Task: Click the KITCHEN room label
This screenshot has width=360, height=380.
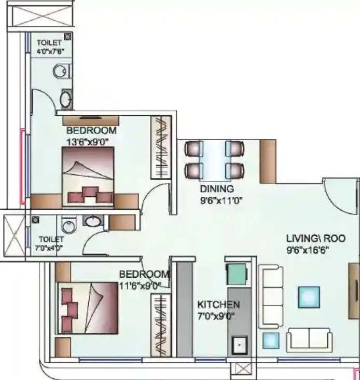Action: click(217, 305)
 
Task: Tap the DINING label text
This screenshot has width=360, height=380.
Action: click(217, 189)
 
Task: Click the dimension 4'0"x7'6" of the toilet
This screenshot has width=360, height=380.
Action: click(50, 52)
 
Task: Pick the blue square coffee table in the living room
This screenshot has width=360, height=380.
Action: click(309, 297)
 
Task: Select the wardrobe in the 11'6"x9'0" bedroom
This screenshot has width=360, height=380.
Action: click(160, 325)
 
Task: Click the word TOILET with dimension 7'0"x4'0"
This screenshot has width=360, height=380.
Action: click(50, 239)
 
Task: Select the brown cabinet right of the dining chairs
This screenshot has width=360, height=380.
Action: click(268, 160)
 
